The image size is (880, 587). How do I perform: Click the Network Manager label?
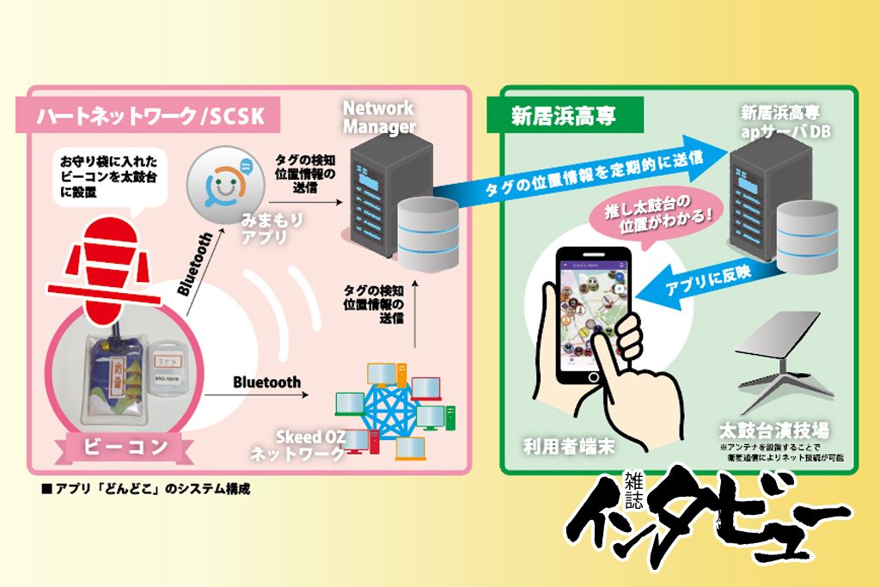pos(378,118)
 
